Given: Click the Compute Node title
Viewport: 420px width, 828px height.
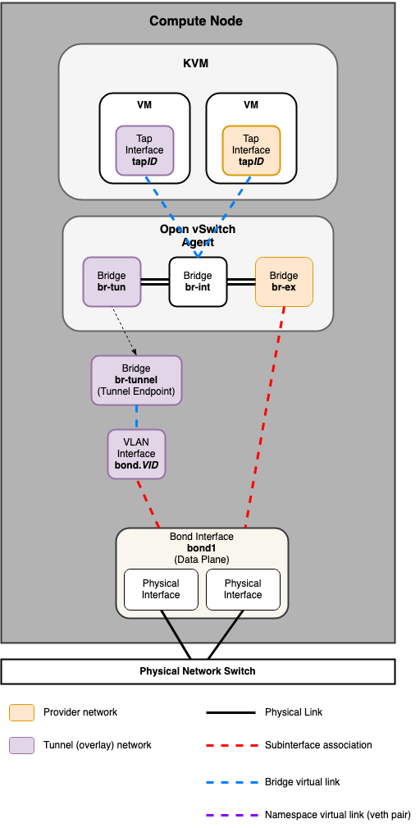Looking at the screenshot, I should point(195,21).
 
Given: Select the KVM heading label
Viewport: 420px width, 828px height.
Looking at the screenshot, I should point(197,63).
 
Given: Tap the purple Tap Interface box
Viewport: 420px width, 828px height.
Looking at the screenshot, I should point(144,150).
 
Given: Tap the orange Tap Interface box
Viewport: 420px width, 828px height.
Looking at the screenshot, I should point(251,150).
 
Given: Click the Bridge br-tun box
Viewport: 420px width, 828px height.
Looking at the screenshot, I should point(112,281).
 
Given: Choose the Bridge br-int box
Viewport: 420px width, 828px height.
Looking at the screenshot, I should point(198,281).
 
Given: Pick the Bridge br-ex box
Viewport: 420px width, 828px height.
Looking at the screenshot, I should point(284,281).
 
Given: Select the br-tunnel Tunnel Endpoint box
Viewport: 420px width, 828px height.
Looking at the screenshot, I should point(136,380).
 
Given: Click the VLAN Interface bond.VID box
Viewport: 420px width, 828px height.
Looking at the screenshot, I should point(136,454).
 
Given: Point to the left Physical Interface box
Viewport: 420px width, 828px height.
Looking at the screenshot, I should point(161,589).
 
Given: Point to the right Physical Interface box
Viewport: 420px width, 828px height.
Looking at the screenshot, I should point(243,589).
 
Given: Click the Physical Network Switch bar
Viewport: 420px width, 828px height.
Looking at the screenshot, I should point(197,670).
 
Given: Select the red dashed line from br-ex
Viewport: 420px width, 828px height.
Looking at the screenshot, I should point(264,419).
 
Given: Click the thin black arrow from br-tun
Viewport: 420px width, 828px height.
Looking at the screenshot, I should point(123,331).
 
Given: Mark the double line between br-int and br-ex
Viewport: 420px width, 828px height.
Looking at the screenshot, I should point(241,281).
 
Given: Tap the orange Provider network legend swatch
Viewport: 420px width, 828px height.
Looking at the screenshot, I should point(21,712).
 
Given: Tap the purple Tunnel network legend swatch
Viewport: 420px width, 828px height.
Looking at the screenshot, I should point(21,745).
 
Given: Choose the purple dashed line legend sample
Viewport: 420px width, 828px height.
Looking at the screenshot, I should point(230,815).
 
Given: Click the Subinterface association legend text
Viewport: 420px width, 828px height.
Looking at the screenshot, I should point(318,745).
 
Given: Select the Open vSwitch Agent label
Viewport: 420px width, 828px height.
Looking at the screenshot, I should point(198,235).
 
